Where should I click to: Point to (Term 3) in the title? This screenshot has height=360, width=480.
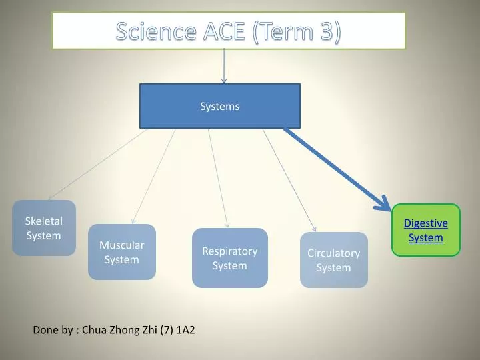[x=297, y=31]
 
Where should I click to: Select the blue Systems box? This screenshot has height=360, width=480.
[x=219, y=106]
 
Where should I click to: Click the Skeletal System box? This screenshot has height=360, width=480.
[x=44, y=228]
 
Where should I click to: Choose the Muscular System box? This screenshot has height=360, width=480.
[x=122, y=252]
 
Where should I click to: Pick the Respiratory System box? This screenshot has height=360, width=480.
[x=230, y=258]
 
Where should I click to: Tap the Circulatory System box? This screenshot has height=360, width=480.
[x=333, y=260]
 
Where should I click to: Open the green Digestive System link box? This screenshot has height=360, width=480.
[x=426, y=230]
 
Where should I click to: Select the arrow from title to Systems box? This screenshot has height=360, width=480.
[x=224, y=67]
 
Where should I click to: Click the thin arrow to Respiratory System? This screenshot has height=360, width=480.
[x=218, y=177]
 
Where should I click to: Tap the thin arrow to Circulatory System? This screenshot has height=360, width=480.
[x=289, y=177]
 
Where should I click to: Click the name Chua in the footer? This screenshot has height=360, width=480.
[x=95, y=330]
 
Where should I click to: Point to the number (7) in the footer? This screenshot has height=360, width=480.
[x=167, y=330]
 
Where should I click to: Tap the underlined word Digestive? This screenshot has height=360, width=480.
[x=426, y=223]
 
